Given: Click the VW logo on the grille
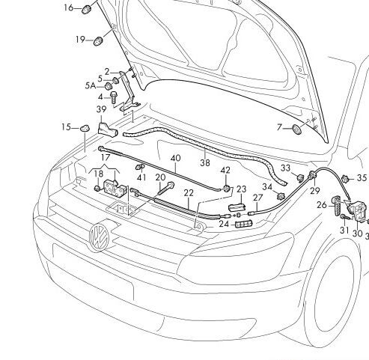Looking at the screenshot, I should [x=99, y=238].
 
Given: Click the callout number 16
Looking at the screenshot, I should [x=69, y=8].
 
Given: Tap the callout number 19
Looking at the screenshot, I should [x=79, y=39].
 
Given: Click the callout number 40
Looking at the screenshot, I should [x=176, y=158].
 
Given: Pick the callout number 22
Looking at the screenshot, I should [x=189, y=192].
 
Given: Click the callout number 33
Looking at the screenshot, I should [x=285, y=168].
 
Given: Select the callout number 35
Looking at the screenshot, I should [x=362, y=178].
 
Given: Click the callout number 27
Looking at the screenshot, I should [x=257, y=198].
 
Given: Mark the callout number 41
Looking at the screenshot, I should [x=141, y=177].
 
